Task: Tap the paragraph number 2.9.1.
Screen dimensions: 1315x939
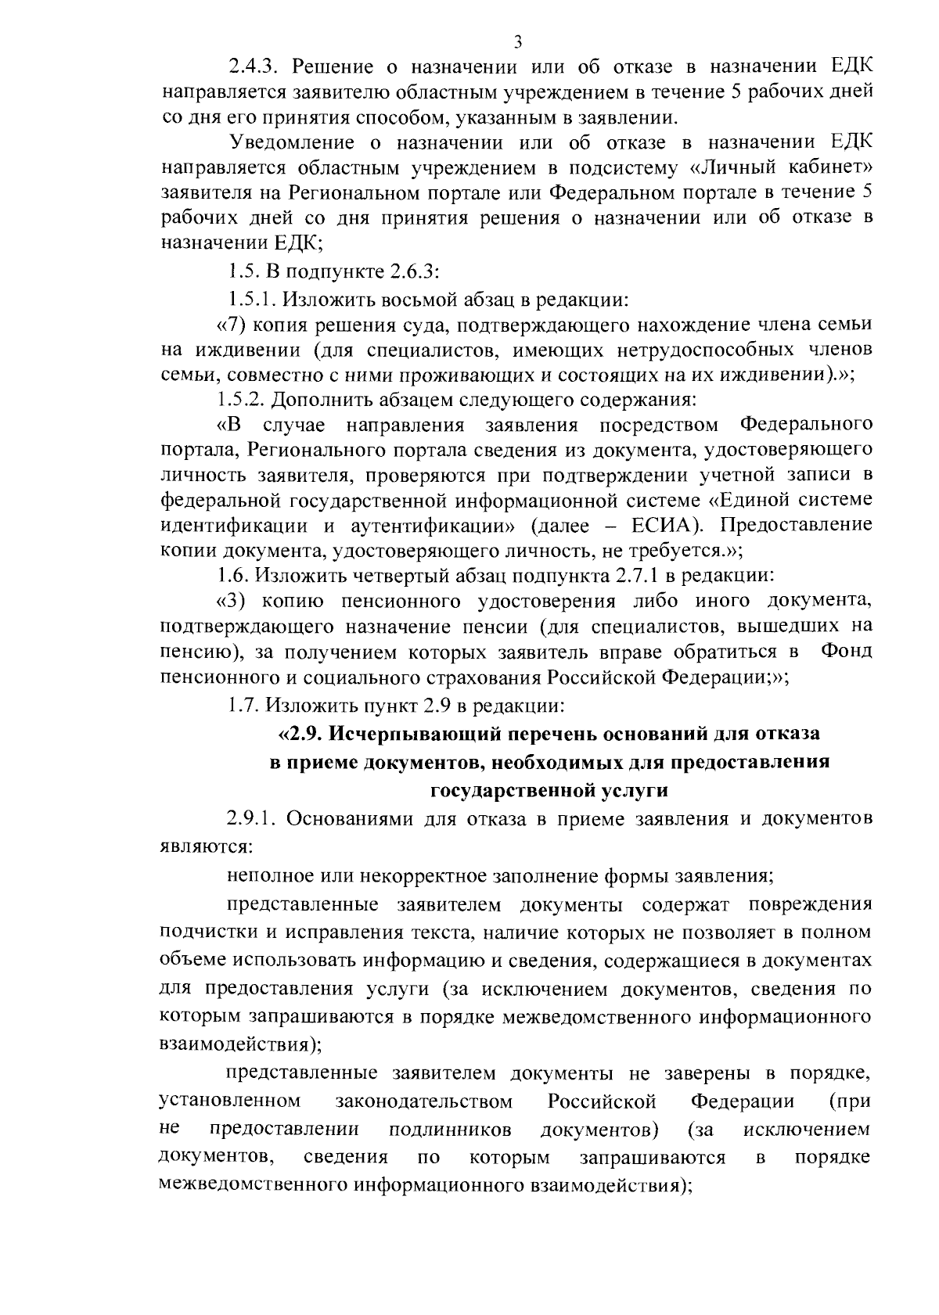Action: pos(253,819)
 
